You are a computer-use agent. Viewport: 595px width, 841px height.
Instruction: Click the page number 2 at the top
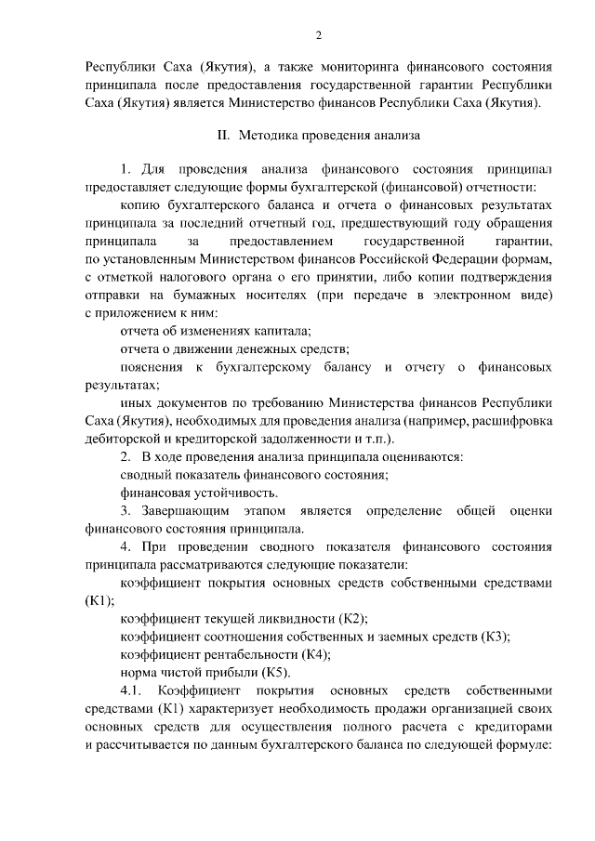319,35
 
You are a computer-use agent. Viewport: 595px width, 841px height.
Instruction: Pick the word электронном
482,295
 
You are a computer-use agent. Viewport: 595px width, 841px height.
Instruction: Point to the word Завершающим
185,510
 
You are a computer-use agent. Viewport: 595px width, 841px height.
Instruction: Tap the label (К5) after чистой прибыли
278,672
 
